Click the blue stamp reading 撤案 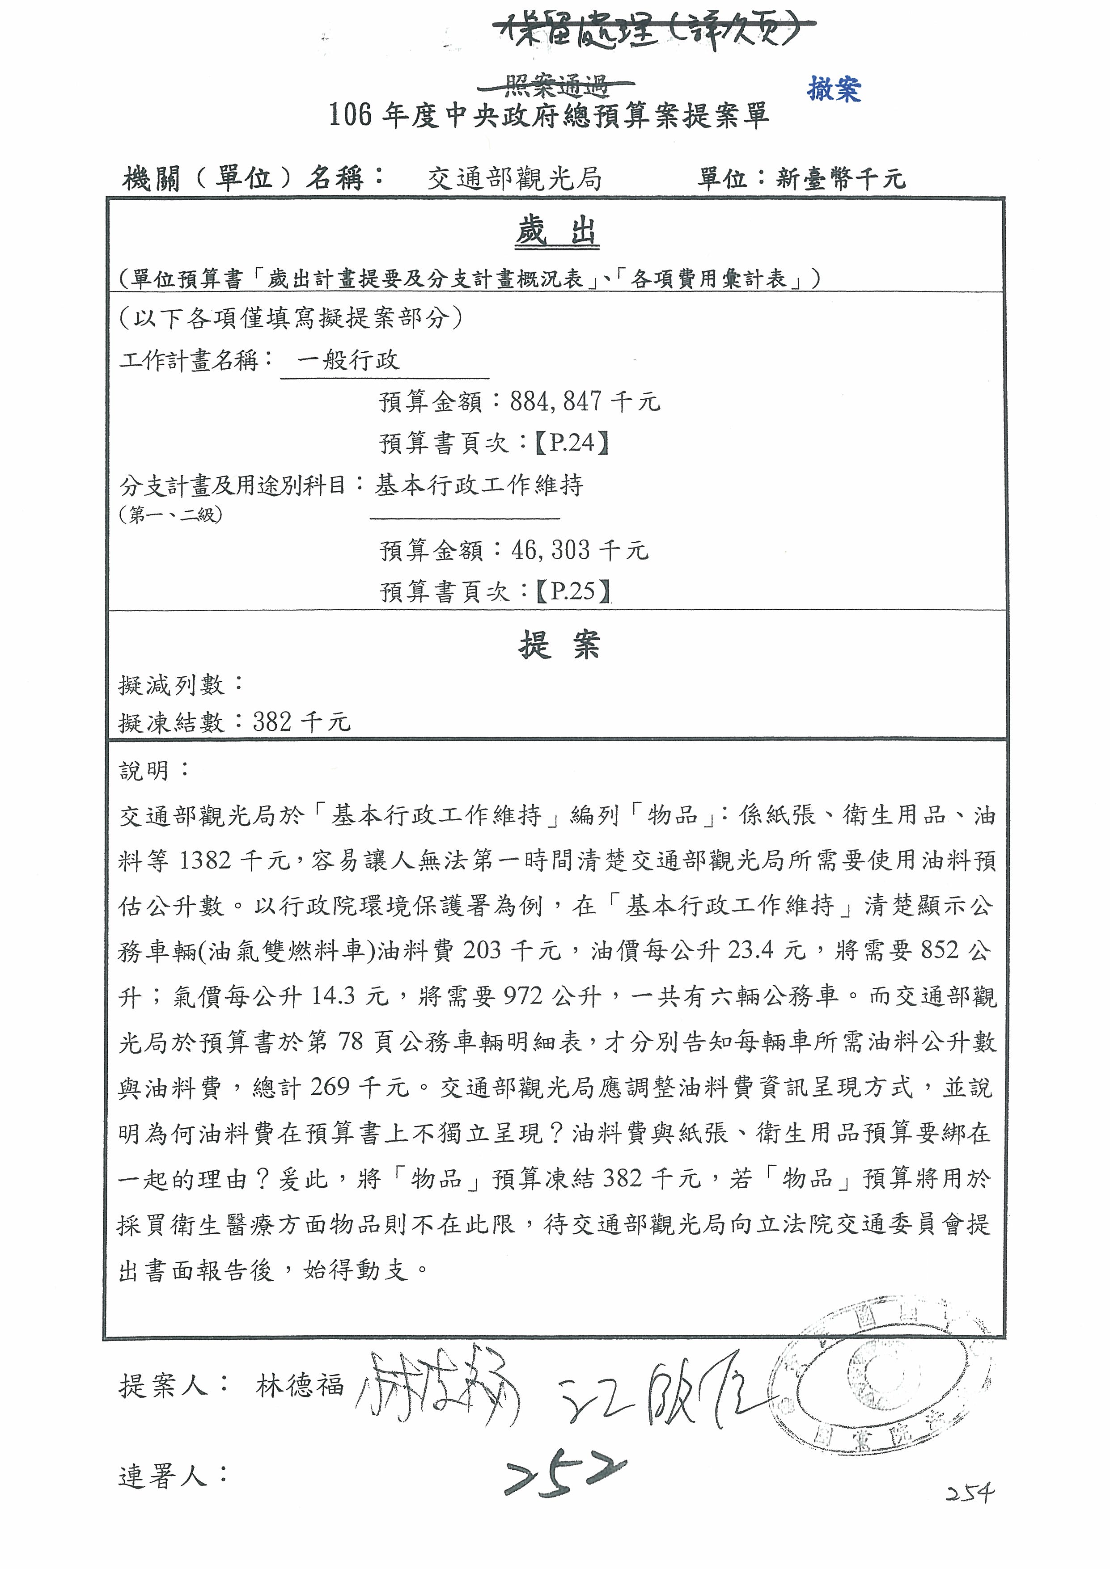pyautogui.click(x=834, y=89)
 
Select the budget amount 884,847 pyautogui.click(x=556, y=401)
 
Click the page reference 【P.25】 pyautogui.click(x=572, y=591)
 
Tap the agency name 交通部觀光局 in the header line pyautogui.click(x=514, y=179)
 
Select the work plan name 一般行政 pyautogui.click(x=348, y=360)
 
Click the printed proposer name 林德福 pyautogui.click(x=299, y=1386)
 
